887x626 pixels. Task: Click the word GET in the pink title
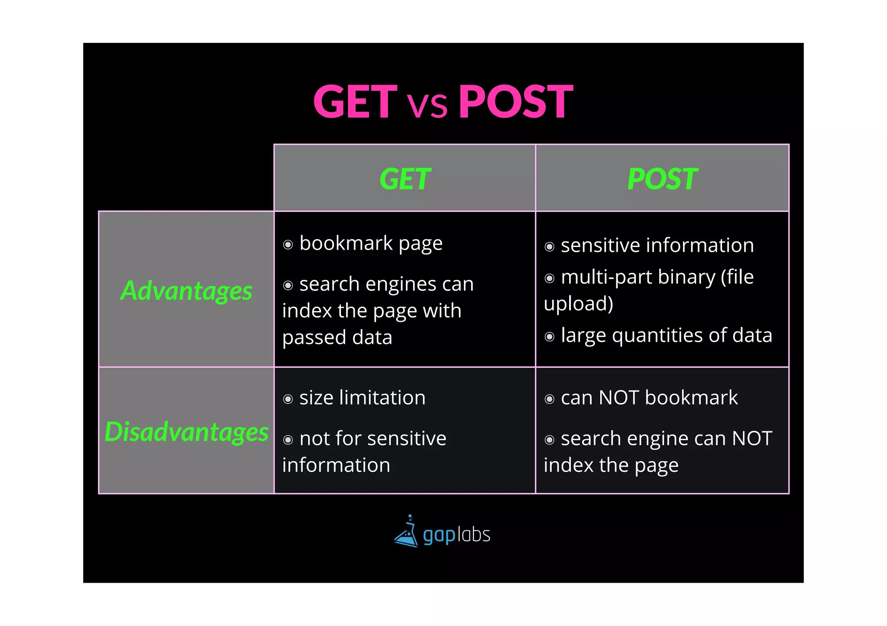tap(355, 102)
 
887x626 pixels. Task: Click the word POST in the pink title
tap(516, 102)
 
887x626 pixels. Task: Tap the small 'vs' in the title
tap(427, 106)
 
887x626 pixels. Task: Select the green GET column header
tap(405, 179)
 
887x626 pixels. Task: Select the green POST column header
tap(662, 179)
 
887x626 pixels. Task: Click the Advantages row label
tap(186, 290)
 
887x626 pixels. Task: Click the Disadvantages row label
tap(187, 431)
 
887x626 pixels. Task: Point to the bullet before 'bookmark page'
tap(288, 245)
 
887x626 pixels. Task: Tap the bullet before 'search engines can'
tap(288, 286)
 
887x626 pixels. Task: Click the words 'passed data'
tap(337, 337)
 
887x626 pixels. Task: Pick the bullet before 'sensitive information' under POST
tap(550, 247)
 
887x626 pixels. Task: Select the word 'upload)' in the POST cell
tap(578, 304)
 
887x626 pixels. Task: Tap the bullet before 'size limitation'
tap(288, 399)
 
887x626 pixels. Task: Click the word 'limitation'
tap(382, 398)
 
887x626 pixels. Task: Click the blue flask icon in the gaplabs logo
tap(406, 533)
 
